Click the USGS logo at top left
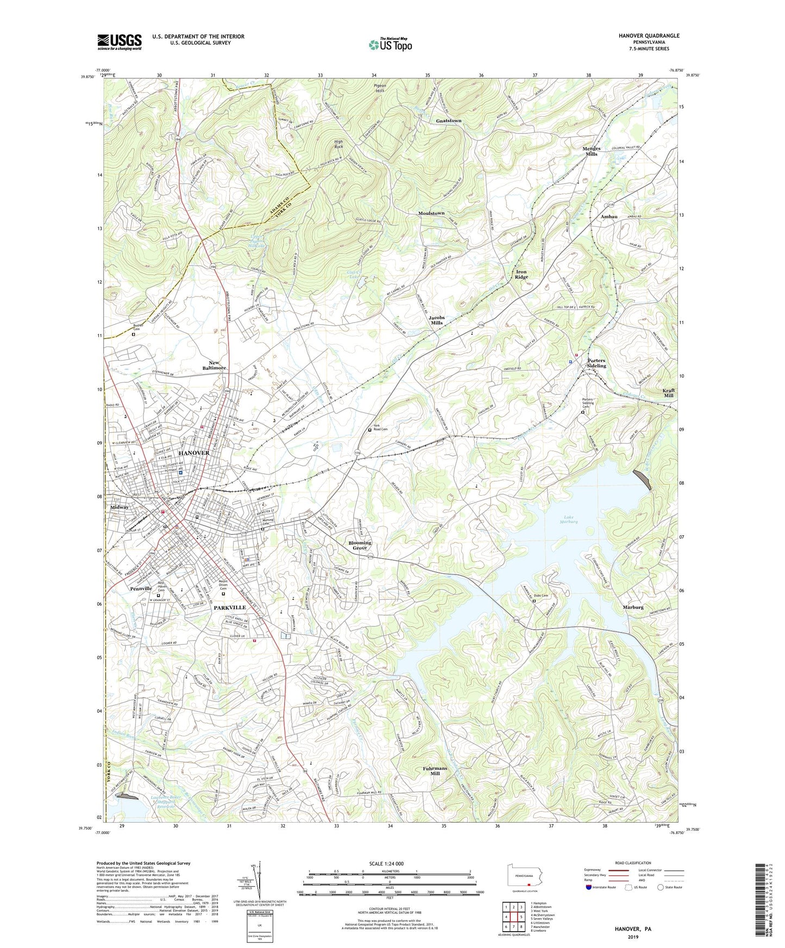tap(120, 42)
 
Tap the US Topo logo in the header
tap(390, 44)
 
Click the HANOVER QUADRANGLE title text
tap(649, 36)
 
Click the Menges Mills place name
tap(591, 151)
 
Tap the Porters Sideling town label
tap(596, 363)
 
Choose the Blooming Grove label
tap(360, 545)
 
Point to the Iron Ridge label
tap(521, 274)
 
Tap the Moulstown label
tap(431, 213)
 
